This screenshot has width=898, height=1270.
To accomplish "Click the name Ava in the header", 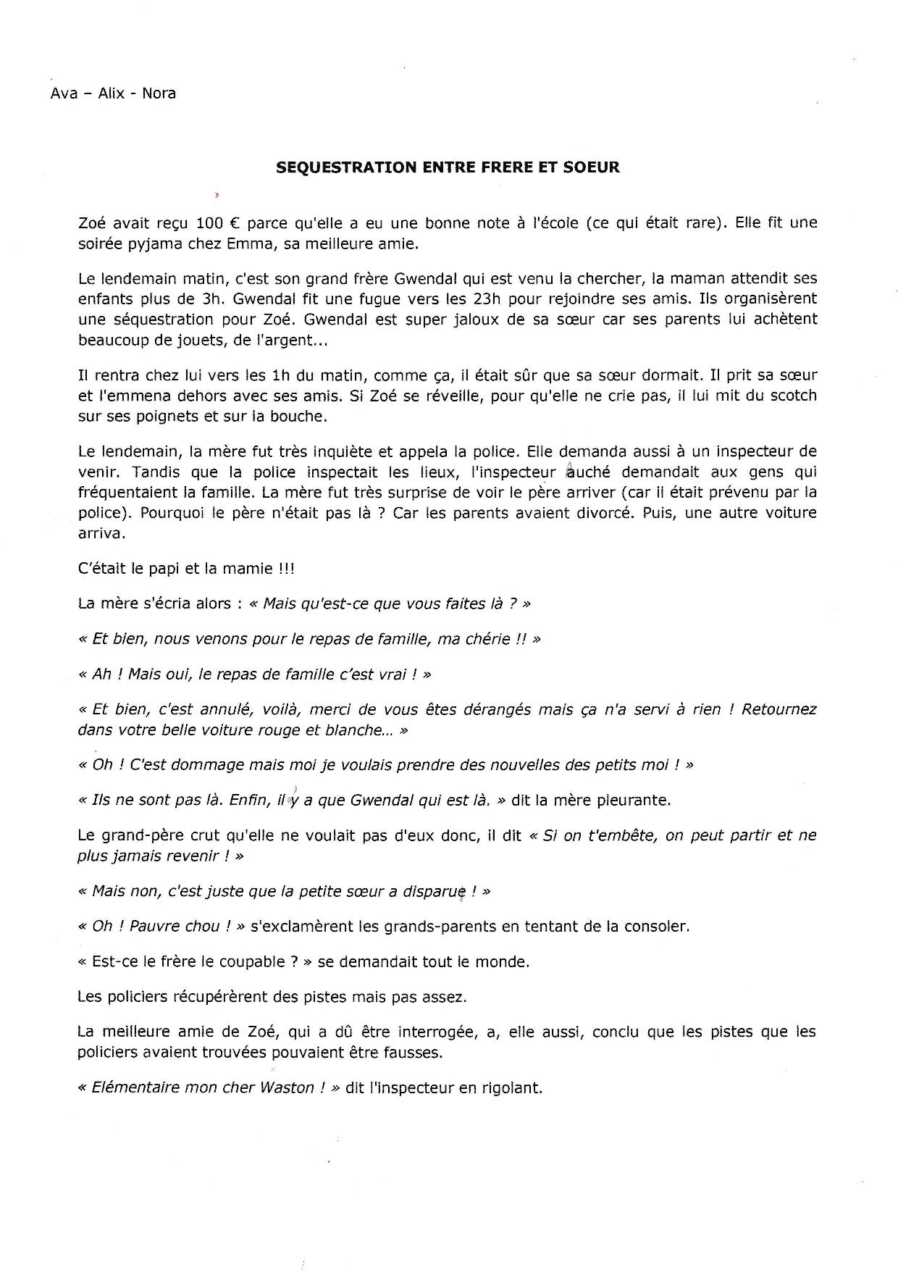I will pos(64,93).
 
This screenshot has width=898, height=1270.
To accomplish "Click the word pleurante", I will pos(634,801).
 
